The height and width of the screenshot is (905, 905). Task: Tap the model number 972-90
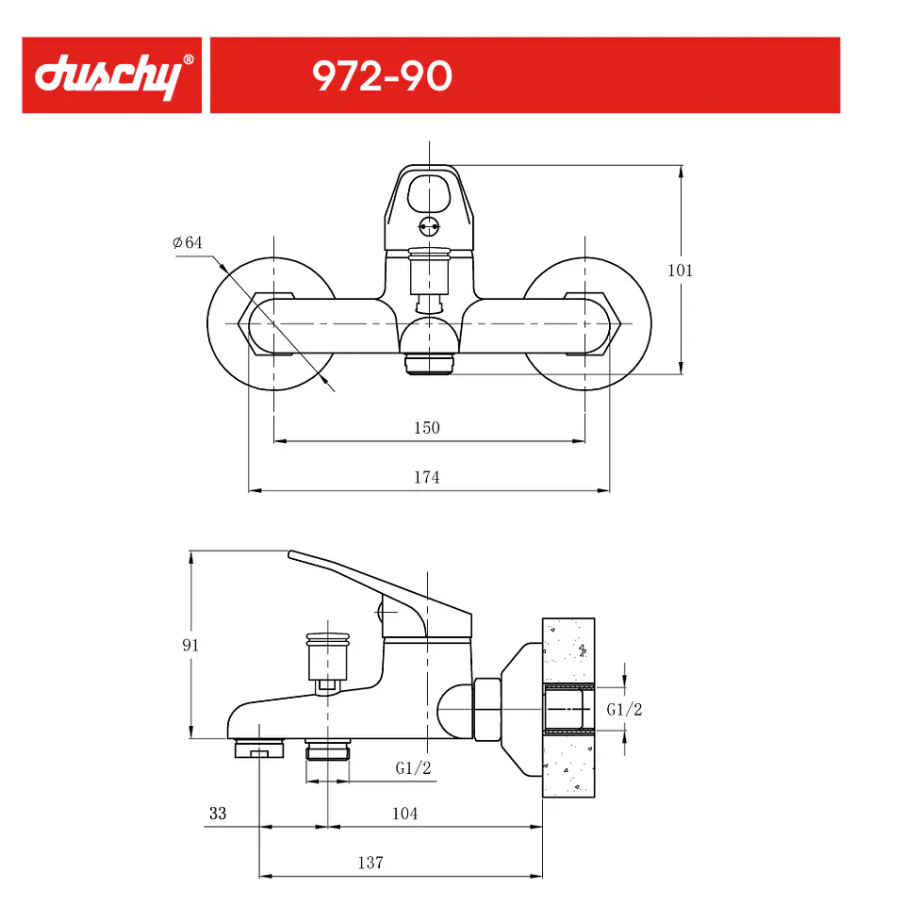click(x=382, y=76)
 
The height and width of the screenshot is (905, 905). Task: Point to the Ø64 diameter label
click(x=188, y=242)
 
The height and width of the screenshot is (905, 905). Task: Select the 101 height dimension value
click(x=680, y=271)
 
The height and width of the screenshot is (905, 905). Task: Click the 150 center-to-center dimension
click(x=426, y=428)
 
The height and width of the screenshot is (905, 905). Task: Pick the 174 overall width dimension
click(x=426, y=477)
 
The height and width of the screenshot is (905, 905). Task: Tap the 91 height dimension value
click(x=190, y=645)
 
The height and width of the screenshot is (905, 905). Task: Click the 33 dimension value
click(x=218, y=814)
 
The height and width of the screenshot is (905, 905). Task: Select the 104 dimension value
click(x=404, y=814)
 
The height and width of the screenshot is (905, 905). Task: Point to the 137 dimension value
click(x=370, y=863)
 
